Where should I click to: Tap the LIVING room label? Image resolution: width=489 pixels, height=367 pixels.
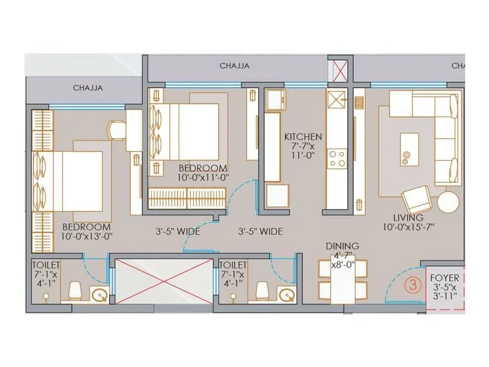pyautogui.click(x=408, y=218)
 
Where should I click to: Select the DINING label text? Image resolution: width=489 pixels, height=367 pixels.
pyautogui.click(x=342, y=246)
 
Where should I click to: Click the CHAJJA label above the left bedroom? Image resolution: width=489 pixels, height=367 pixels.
pyautogui.click(x=88, y=87)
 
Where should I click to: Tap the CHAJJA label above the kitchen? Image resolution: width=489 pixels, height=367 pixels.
pyautogui.click(x=235, y=66)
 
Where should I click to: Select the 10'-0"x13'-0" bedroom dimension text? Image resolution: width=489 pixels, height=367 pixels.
pyautogui.click(x=87, y=235)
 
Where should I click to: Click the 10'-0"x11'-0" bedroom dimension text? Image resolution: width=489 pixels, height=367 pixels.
pyautogui.click(x=203, y=177)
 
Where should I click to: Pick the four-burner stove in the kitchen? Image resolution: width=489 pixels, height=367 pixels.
pyautogui.click(x=337, y=158)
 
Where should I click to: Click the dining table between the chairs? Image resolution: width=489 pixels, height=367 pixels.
pyautogui.click(x=343, y=283)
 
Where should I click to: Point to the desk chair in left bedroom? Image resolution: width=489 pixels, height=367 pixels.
pyautogui.click(x=116, y=130)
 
